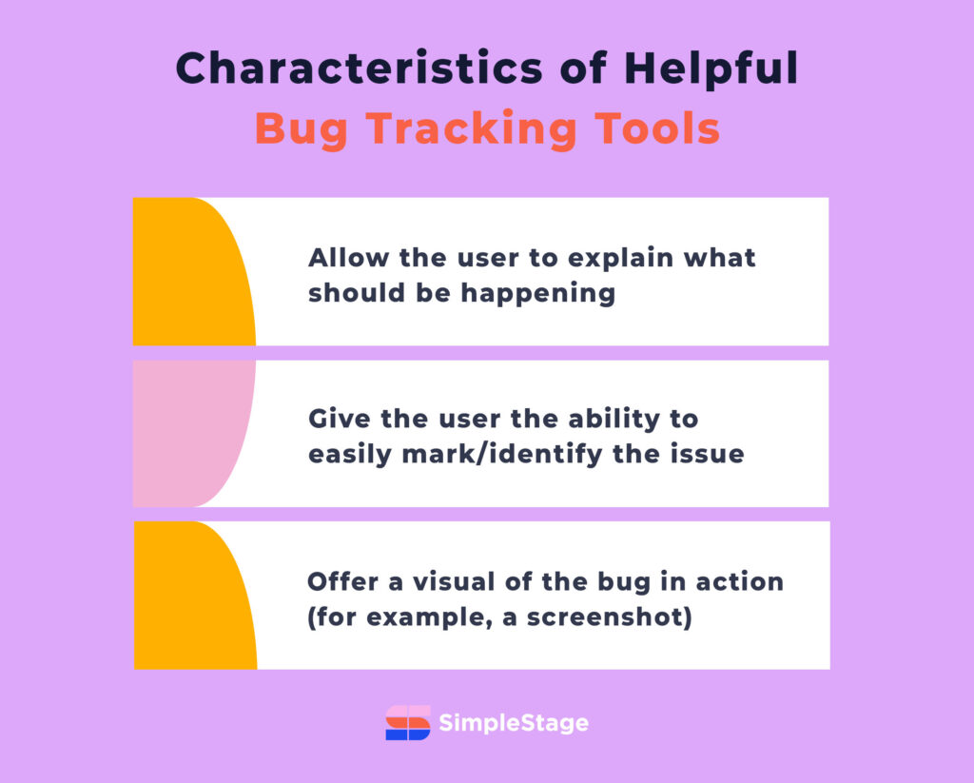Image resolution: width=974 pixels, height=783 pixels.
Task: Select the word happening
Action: point(538,292)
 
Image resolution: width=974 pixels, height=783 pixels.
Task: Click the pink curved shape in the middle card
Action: point(190,433)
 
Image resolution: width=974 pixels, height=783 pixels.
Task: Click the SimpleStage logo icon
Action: point(408,723)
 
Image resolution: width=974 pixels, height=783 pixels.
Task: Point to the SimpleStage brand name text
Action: point(514,724)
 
